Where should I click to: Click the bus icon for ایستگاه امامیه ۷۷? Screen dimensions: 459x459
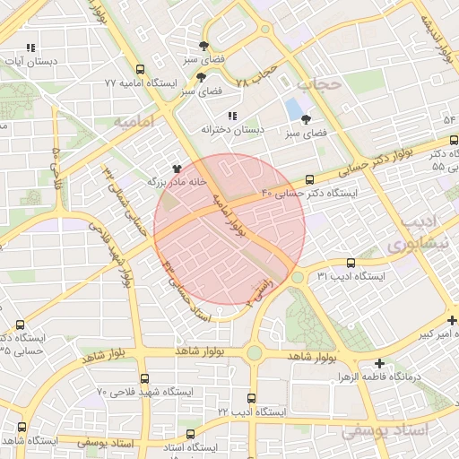coord(139,69)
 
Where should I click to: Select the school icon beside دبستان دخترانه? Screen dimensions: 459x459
coord(233,116)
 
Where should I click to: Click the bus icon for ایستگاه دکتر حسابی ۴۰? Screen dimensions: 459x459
coord(310,179)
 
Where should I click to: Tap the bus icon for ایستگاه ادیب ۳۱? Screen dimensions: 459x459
coord(350,264)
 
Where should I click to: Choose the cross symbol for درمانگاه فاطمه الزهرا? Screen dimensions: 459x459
coord(380,364)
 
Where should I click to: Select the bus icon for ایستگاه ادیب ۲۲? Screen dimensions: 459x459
coord(249,398)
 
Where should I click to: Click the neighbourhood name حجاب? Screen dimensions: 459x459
coord(320,84)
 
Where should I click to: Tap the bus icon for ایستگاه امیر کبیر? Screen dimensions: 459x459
coord(453,321)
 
